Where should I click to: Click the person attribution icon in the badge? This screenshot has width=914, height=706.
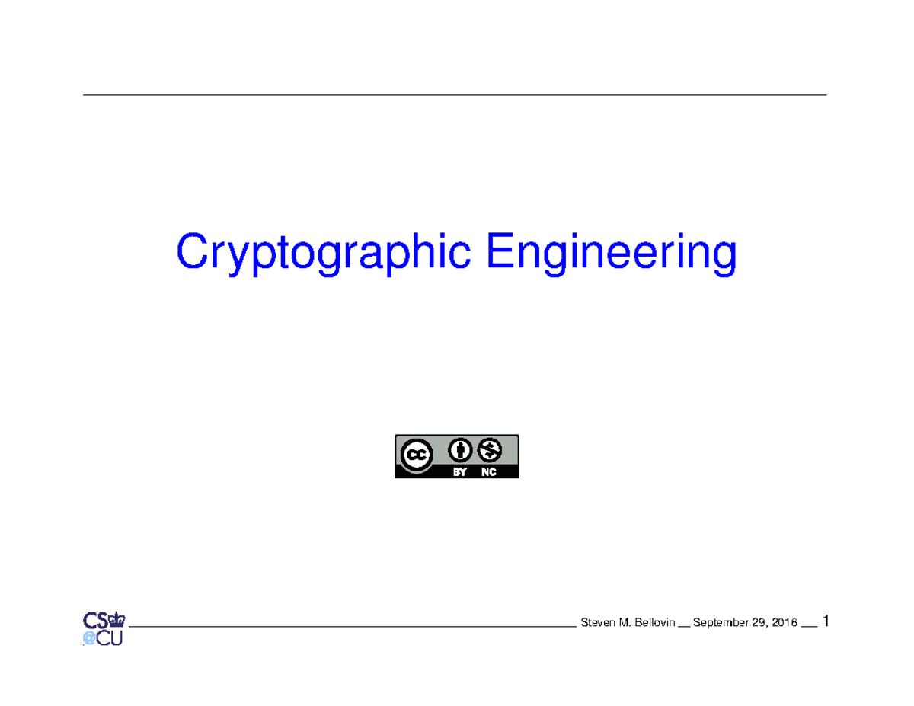[459, 450]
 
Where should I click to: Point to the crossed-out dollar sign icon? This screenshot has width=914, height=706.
[489, 450]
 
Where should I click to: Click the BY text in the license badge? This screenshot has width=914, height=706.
[459, 472]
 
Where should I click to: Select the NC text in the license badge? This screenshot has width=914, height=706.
[489, 472]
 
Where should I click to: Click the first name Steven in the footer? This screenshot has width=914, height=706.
[597, 623]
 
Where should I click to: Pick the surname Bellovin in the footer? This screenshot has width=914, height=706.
[652, 623]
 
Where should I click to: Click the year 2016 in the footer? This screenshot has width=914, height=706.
[785, 623]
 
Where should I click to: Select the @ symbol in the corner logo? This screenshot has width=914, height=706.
[89, 638]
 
